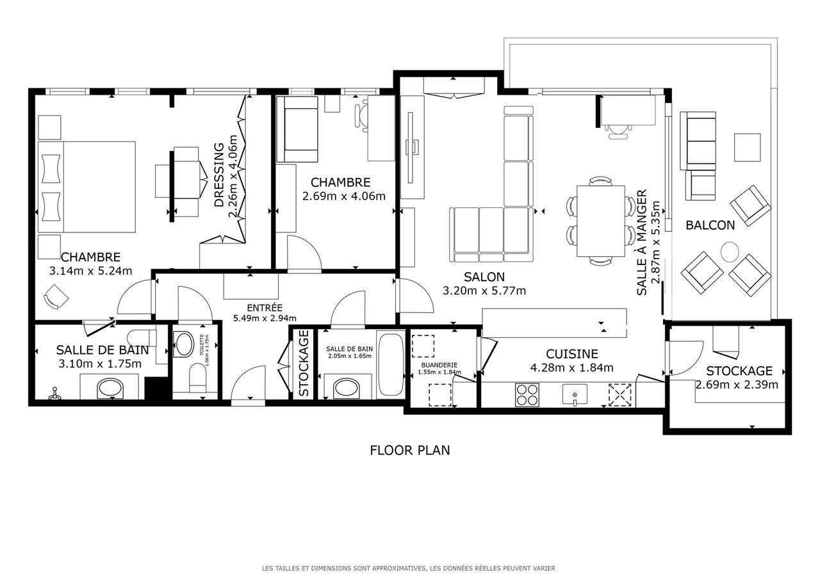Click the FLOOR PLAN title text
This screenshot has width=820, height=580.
tap(409, 450)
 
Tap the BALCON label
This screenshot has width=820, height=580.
tap(710, 225)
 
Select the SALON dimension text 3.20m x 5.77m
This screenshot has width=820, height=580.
tap(484, 291)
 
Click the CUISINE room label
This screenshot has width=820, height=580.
tap(572, 354)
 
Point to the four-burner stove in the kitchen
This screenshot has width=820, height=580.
tap(527, 394)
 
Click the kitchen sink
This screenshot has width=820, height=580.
tap(575, 395)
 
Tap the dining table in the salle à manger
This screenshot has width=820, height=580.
tap(601, 222)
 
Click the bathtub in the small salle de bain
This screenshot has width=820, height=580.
tap(391, 365)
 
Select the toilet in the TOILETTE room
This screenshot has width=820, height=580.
tap(198, 378)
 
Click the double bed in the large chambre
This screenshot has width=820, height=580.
tap(86, 187)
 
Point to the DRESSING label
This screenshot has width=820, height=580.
tap(219, 175)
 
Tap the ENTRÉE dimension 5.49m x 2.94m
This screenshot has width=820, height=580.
tap(265, 318)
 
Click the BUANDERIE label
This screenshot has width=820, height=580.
tap(439, 365)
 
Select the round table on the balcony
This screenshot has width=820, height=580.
tap(730, 252)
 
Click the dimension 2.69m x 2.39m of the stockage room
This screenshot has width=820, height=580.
tap(737, 385)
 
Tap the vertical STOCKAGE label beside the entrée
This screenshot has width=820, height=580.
tap(304, 363)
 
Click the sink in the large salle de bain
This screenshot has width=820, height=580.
tap(110, 388)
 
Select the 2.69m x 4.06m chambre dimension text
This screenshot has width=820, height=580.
tap(344, 197)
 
